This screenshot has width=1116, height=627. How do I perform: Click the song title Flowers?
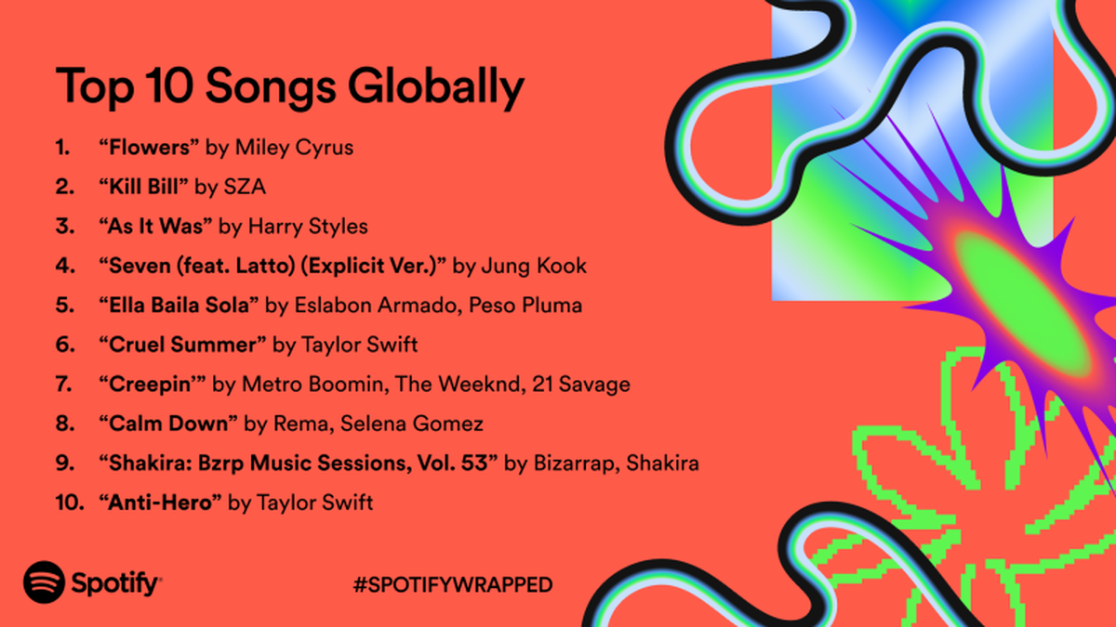(149, 148)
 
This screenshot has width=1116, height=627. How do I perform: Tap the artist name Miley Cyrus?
(294, 149)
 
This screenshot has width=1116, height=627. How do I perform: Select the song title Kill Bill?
(143, 187)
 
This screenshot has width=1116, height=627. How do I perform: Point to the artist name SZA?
(245, 187)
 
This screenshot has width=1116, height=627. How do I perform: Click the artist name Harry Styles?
(308, 227)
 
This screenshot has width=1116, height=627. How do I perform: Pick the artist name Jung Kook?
(534, 267)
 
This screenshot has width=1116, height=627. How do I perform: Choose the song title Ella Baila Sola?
(179, 305)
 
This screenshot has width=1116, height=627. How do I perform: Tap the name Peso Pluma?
(525, 305)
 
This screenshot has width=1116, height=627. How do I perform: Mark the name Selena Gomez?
(411, 424)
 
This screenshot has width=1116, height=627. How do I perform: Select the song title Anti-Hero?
(160, 503)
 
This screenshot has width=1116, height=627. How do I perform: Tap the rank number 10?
(69, 503)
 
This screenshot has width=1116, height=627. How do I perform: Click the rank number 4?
(65, 266)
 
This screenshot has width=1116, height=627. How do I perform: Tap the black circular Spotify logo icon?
(44, 582)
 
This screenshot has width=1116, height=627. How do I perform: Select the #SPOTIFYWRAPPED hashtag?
(452, 584)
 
